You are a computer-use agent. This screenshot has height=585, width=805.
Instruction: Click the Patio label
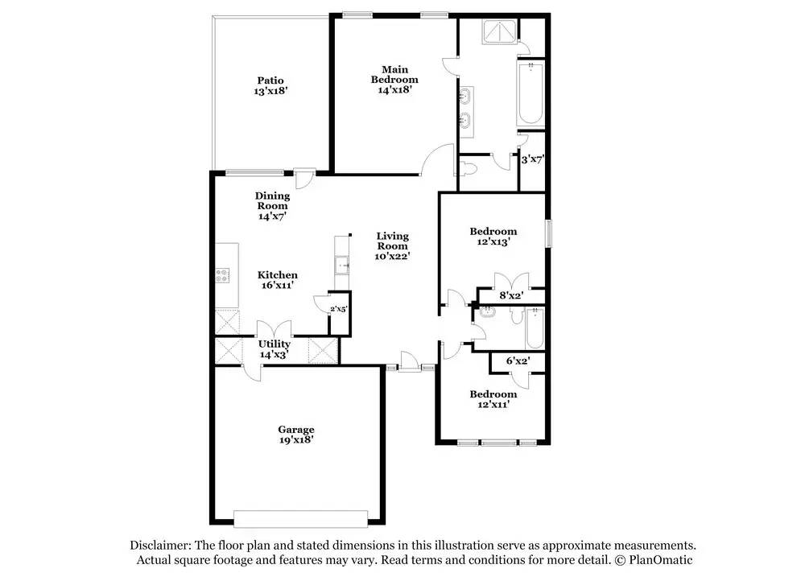tap(270, 85)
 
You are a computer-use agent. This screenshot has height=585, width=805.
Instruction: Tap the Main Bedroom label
tap(394, 80)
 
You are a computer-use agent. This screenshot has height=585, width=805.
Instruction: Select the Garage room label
tap(296, 435)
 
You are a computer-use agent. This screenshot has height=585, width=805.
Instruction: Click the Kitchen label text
tap(277, 280)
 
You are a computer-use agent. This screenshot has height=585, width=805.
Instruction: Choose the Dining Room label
tap(272, 206)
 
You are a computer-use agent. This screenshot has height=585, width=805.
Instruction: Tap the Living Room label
tap(393, 246)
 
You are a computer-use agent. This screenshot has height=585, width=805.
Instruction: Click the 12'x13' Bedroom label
tap(493, 236)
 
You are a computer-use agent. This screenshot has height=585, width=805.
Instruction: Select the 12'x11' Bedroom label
tap(493, 399)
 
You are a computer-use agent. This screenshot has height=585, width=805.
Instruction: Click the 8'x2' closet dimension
tap(511, 296)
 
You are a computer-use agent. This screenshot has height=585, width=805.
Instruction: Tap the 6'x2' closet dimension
tap(517, 362)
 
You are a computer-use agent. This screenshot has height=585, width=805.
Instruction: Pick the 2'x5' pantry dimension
tap(338, 309)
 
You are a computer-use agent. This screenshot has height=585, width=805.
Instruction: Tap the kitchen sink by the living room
tap(343, 264)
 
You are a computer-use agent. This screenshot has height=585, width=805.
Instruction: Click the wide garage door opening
tap(300, 517)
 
